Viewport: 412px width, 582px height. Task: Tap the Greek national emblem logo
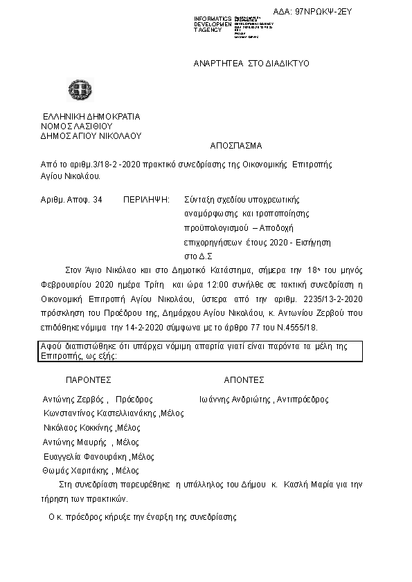click(x=75, y=91)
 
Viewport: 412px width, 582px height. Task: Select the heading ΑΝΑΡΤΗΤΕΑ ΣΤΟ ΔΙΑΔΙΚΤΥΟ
click(x=251, y=63)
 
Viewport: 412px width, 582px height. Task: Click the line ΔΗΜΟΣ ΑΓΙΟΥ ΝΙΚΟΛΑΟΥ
click(x=91, y=136)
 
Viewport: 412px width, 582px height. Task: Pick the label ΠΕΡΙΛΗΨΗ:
click(x=146, y=200)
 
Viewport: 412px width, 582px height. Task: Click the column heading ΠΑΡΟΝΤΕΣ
click(x=88, y=379)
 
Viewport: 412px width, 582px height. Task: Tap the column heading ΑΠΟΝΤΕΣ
click(x=244, y=379)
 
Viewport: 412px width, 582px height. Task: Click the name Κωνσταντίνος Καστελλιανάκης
click(x=101, y=413)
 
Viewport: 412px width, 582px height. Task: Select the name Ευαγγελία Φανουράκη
click(x=85, y=456)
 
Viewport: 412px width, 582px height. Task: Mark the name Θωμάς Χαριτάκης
click(x=78, y=470)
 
